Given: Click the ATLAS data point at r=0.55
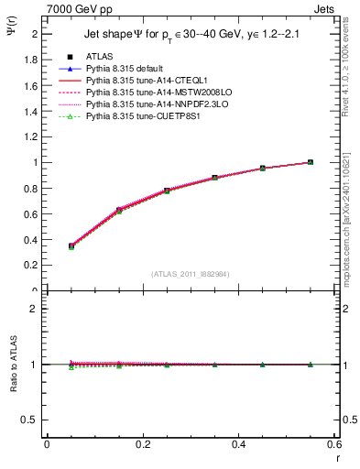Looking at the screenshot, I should (x=311, y=162).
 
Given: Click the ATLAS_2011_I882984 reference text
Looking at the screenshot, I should (x=190, y=274).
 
